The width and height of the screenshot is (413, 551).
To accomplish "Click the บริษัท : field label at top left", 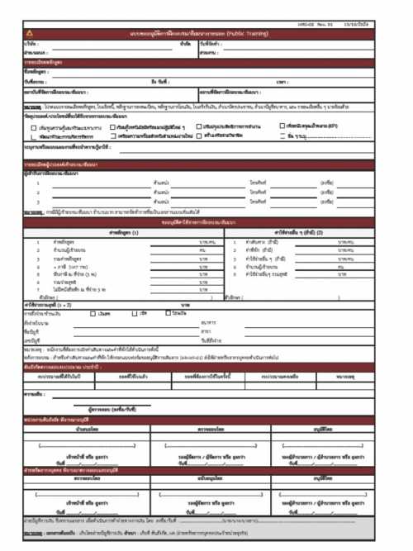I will (x=31, y=43).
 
